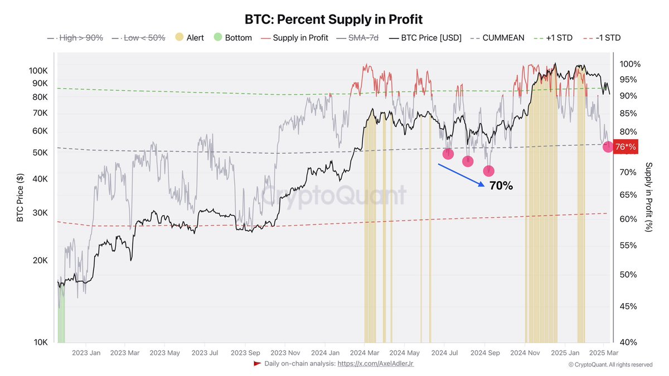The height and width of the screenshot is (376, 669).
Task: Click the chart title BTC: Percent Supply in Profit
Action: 334,19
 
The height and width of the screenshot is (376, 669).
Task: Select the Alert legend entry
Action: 189,38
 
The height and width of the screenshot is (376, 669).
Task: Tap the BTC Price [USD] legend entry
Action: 425,38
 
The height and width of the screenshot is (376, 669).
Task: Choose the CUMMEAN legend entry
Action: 497,38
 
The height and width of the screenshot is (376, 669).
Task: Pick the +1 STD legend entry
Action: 558,38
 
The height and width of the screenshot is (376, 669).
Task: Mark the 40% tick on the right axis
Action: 629,342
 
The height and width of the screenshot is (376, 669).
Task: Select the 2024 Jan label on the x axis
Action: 325,353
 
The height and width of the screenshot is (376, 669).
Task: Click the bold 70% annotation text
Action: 501,186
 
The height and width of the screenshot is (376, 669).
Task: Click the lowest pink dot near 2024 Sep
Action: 488,171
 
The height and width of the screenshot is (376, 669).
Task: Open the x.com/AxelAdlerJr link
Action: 375,364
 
